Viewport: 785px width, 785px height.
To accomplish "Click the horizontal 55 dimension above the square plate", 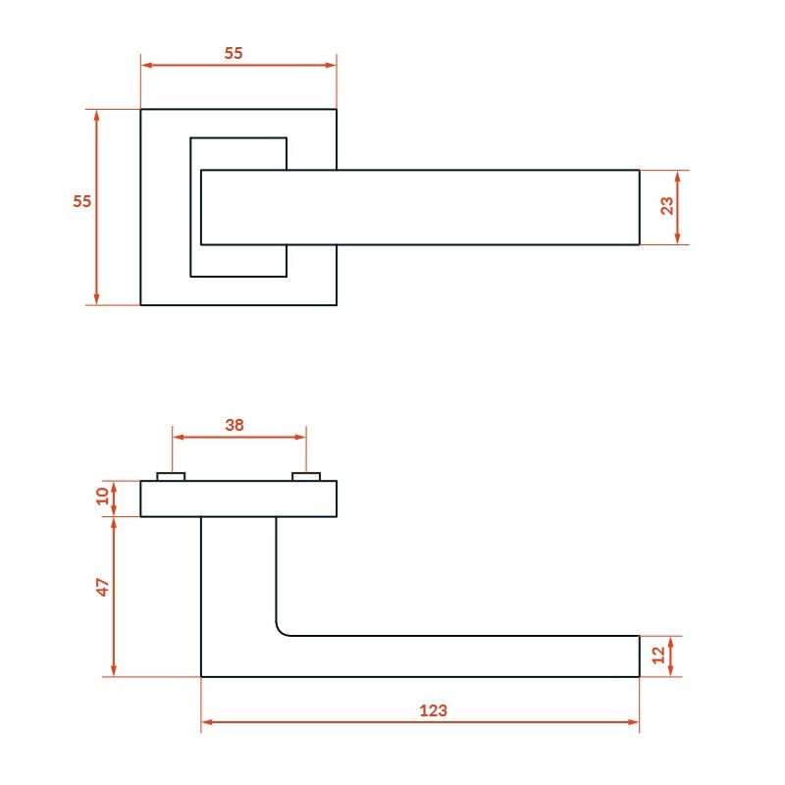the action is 234,53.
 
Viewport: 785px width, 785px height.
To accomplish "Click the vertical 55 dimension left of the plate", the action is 82,201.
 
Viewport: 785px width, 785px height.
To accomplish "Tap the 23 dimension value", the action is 666,206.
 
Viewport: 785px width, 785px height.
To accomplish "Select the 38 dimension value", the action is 235,425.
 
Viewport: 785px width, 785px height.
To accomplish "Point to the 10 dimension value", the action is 102,497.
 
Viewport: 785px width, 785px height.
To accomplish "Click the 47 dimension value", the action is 102,587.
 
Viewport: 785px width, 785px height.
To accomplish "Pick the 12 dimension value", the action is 658,655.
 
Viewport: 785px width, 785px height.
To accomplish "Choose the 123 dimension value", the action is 433,710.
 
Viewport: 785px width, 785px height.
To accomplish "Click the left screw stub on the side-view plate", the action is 171,477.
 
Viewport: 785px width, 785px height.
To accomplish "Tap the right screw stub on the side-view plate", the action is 306,477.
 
